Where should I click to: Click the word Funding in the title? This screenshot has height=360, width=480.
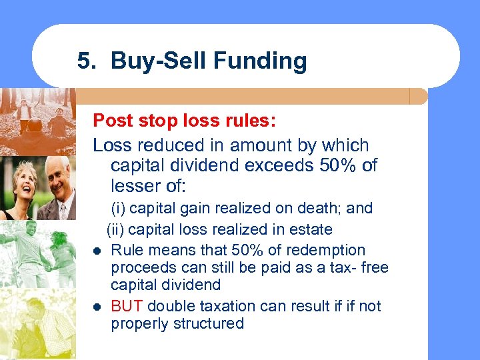[x=265, y=61]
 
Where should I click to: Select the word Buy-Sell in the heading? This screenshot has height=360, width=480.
[x=160, y=61]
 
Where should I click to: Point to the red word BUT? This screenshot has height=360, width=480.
[x=127, y=307]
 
